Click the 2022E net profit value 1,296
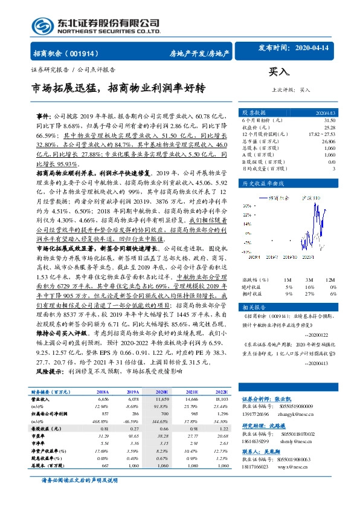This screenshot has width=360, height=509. tap(222, 413)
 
